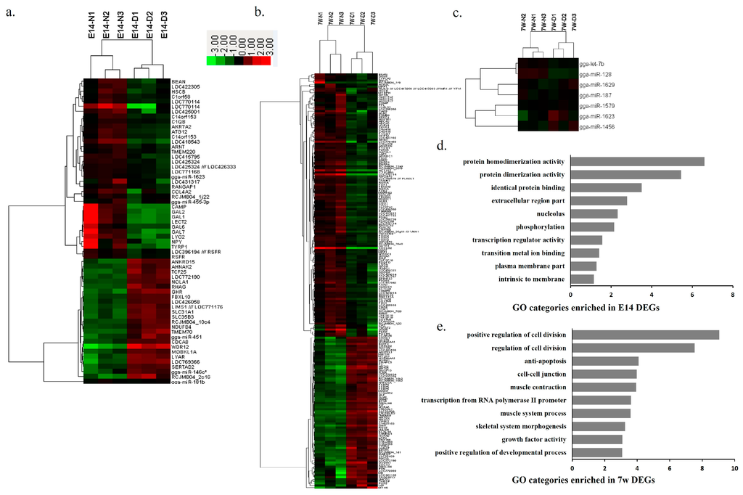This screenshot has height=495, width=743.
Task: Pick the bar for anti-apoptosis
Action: tap(605, 361)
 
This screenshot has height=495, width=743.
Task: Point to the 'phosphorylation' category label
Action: tap(533, 226)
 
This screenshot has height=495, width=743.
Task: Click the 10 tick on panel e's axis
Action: tap(734, 470)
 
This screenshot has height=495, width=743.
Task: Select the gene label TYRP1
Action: tap(181, 247)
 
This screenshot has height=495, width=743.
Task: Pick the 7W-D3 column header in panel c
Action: tap(573, 23)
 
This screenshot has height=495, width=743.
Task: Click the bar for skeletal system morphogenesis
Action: tap(598, 426)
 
